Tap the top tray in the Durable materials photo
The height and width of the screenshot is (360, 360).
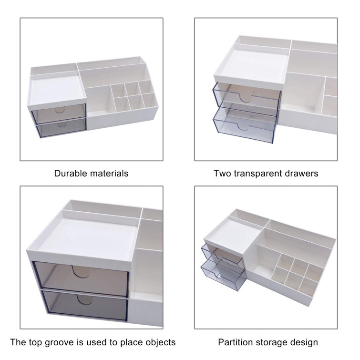point(56,89)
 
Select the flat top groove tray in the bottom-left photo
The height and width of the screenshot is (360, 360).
point(86,236)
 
